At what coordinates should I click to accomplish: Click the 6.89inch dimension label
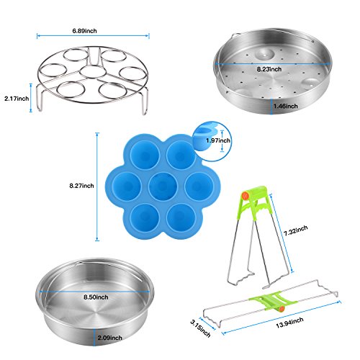[84, 31]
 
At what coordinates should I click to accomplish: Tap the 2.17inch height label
[17, 99]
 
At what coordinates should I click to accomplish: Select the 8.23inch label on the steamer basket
[269, 69]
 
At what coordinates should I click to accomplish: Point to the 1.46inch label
[286, 106]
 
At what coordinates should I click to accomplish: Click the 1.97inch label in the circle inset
[218, 140]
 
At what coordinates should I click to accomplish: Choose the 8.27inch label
[81, 186]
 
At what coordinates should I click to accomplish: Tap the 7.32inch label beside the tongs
[295, 230]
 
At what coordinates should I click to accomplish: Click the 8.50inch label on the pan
[96, 297]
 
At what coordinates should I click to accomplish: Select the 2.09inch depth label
[109, 338]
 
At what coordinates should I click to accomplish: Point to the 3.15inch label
[200, 328]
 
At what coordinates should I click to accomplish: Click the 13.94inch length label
[289, 323]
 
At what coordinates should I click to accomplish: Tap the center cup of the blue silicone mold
[163, 186]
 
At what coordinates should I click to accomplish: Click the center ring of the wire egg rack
[91, 71]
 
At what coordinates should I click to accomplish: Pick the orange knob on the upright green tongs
[245, 196]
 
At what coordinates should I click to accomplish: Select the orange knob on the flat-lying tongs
[282, 309]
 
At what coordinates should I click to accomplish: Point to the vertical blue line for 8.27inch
[97, 186]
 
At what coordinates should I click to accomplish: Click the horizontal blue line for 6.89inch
[93, 36]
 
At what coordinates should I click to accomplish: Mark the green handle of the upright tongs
[255, 200]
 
